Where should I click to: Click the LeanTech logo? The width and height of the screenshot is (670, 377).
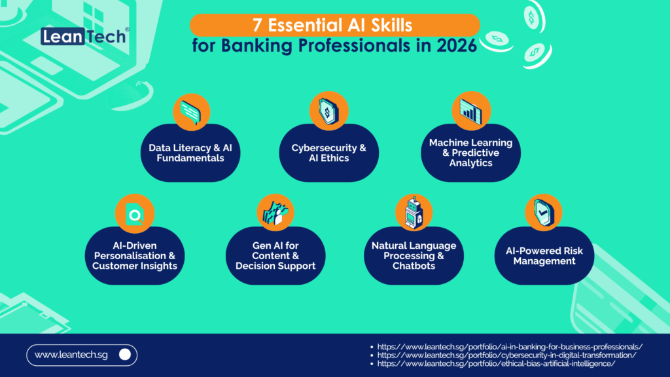point(84,36)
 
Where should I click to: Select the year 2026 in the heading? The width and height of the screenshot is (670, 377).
point(460,48)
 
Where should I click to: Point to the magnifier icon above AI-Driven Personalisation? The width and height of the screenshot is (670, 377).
point(135,214)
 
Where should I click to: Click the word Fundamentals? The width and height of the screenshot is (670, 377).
point(190,158)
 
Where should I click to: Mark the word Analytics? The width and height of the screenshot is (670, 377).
point(470,163)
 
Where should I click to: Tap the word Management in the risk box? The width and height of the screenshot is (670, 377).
point(544,261)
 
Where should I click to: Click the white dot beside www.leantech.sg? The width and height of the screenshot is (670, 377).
point(126,355)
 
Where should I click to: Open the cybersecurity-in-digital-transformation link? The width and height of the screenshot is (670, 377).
point(507,355)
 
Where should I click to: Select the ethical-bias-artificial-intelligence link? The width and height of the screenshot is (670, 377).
point(497,363)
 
